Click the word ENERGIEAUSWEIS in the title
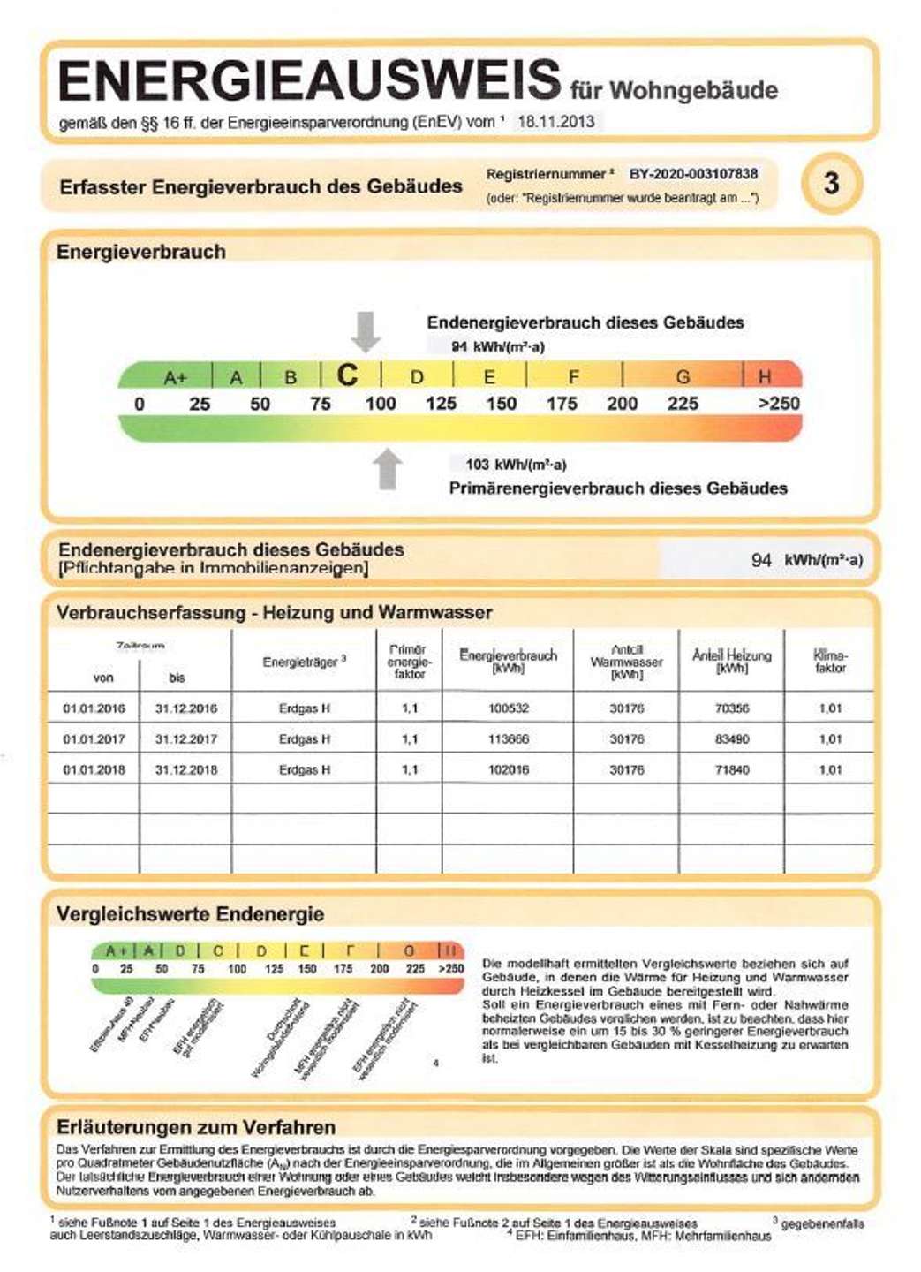click(x=309, y=81)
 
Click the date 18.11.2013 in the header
click(x=555, y=122)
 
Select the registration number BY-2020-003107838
click(x=693, y=174)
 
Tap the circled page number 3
click(x=831, y=184)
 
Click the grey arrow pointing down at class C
click(x=366, y=331)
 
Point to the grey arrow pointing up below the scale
click(x=387, y=468)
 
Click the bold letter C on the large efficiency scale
click(x=348, y=375)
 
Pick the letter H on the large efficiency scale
click(x=765, y=377)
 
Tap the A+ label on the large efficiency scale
click(x=175, y=378)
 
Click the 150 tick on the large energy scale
click(x=501, y=404)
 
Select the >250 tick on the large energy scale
click(x=779, y=404)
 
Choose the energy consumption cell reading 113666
click(x=508, y=739)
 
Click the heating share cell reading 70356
click(x=731, y=708)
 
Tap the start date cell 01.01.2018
click(x=94, y=770)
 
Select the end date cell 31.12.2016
click(x=185, y=708)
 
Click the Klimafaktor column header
click(x=829, y=662)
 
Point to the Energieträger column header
click(x=304, y=662)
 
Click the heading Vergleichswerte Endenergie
click(x=190, y=914)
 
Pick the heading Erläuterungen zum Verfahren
click(x=195, y=1127)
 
